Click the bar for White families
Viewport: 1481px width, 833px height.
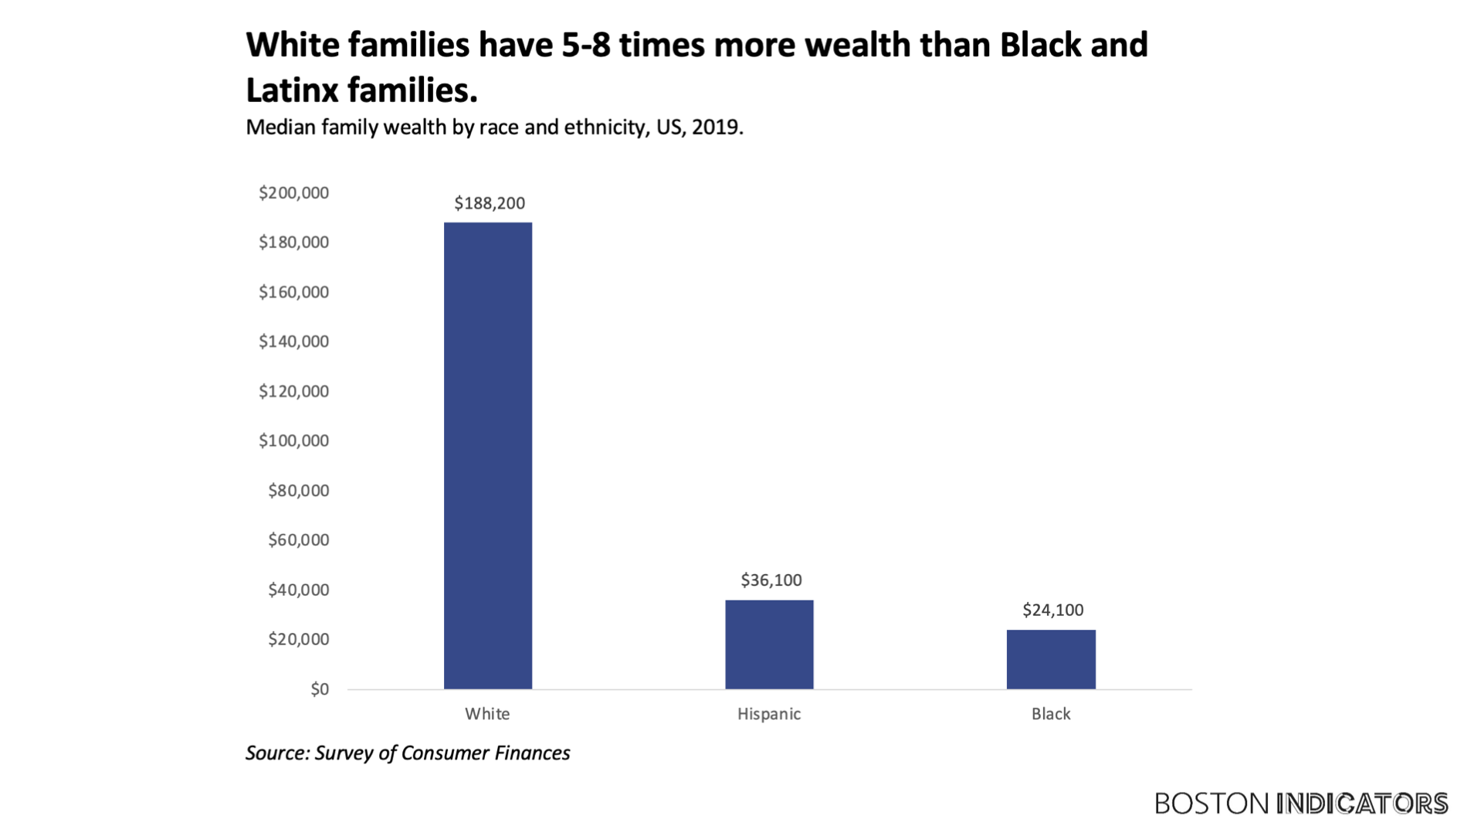(x=487, y=455)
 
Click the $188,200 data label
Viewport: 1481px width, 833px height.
(x=489, y=203)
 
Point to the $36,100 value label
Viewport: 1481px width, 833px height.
(x=771, y=580)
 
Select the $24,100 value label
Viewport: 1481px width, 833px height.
(x=1052, y=610)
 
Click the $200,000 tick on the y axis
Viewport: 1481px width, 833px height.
(x=293, y=193)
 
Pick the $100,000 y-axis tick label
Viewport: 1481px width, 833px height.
(x=293, y=441)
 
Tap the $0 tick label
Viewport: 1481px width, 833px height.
(x=319, y=689)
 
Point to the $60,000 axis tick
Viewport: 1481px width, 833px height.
(x=298, y=540)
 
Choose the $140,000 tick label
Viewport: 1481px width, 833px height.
(x=293, y=342)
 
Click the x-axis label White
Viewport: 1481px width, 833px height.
(x=487, y=714)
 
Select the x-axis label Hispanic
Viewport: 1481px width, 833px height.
(x=768, y=714)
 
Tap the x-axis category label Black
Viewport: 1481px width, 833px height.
(x=1050, y=714)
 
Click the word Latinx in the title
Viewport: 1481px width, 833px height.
(x=292, y=90)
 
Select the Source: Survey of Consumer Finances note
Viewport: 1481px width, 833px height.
(x=408, y=753)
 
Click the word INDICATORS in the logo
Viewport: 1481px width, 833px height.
(x=1362, y=804)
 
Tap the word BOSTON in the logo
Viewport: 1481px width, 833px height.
(x=1212, y=804)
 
